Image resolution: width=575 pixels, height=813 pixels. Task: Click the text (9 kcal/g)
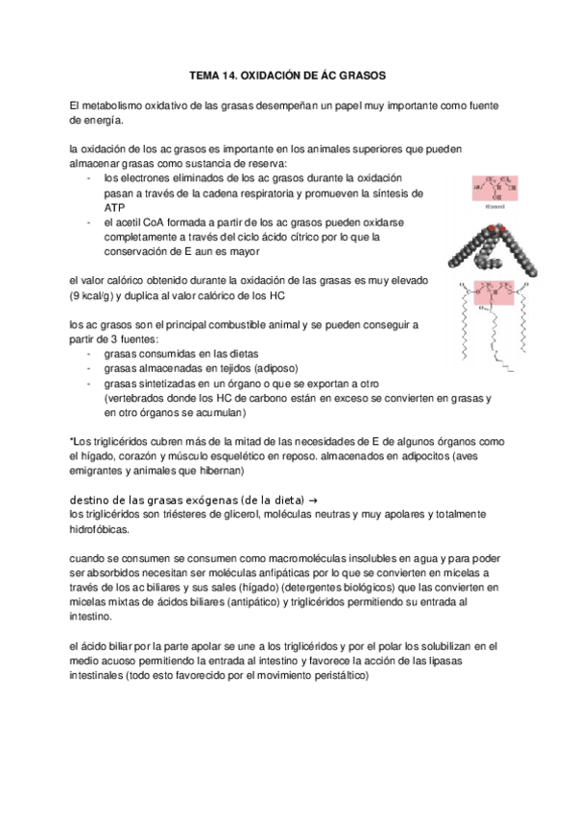[x=96, y=295]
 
